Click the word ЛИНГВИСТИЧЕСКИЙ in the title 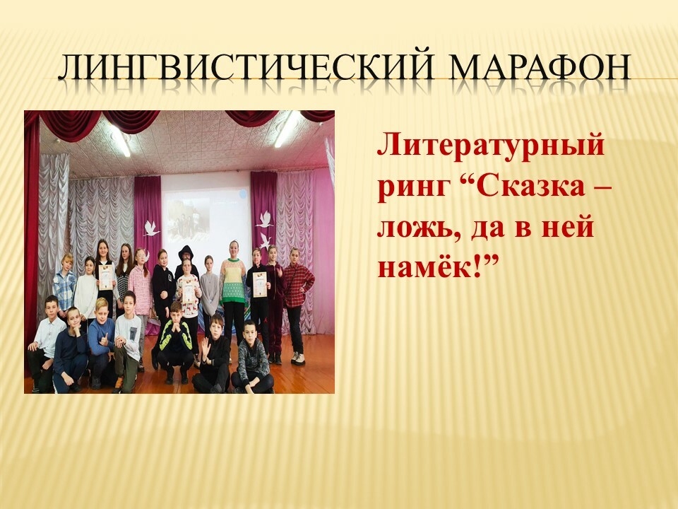(245, 68)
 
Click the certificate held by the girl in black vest (105, 277)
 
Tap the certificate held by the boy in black (259, 284)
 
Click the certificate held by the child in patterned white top (188, 290)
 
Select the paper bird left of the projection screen (151, 228)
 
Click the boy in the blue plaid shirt (64, 283)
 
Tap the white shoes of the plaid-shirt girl (298, 358)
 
